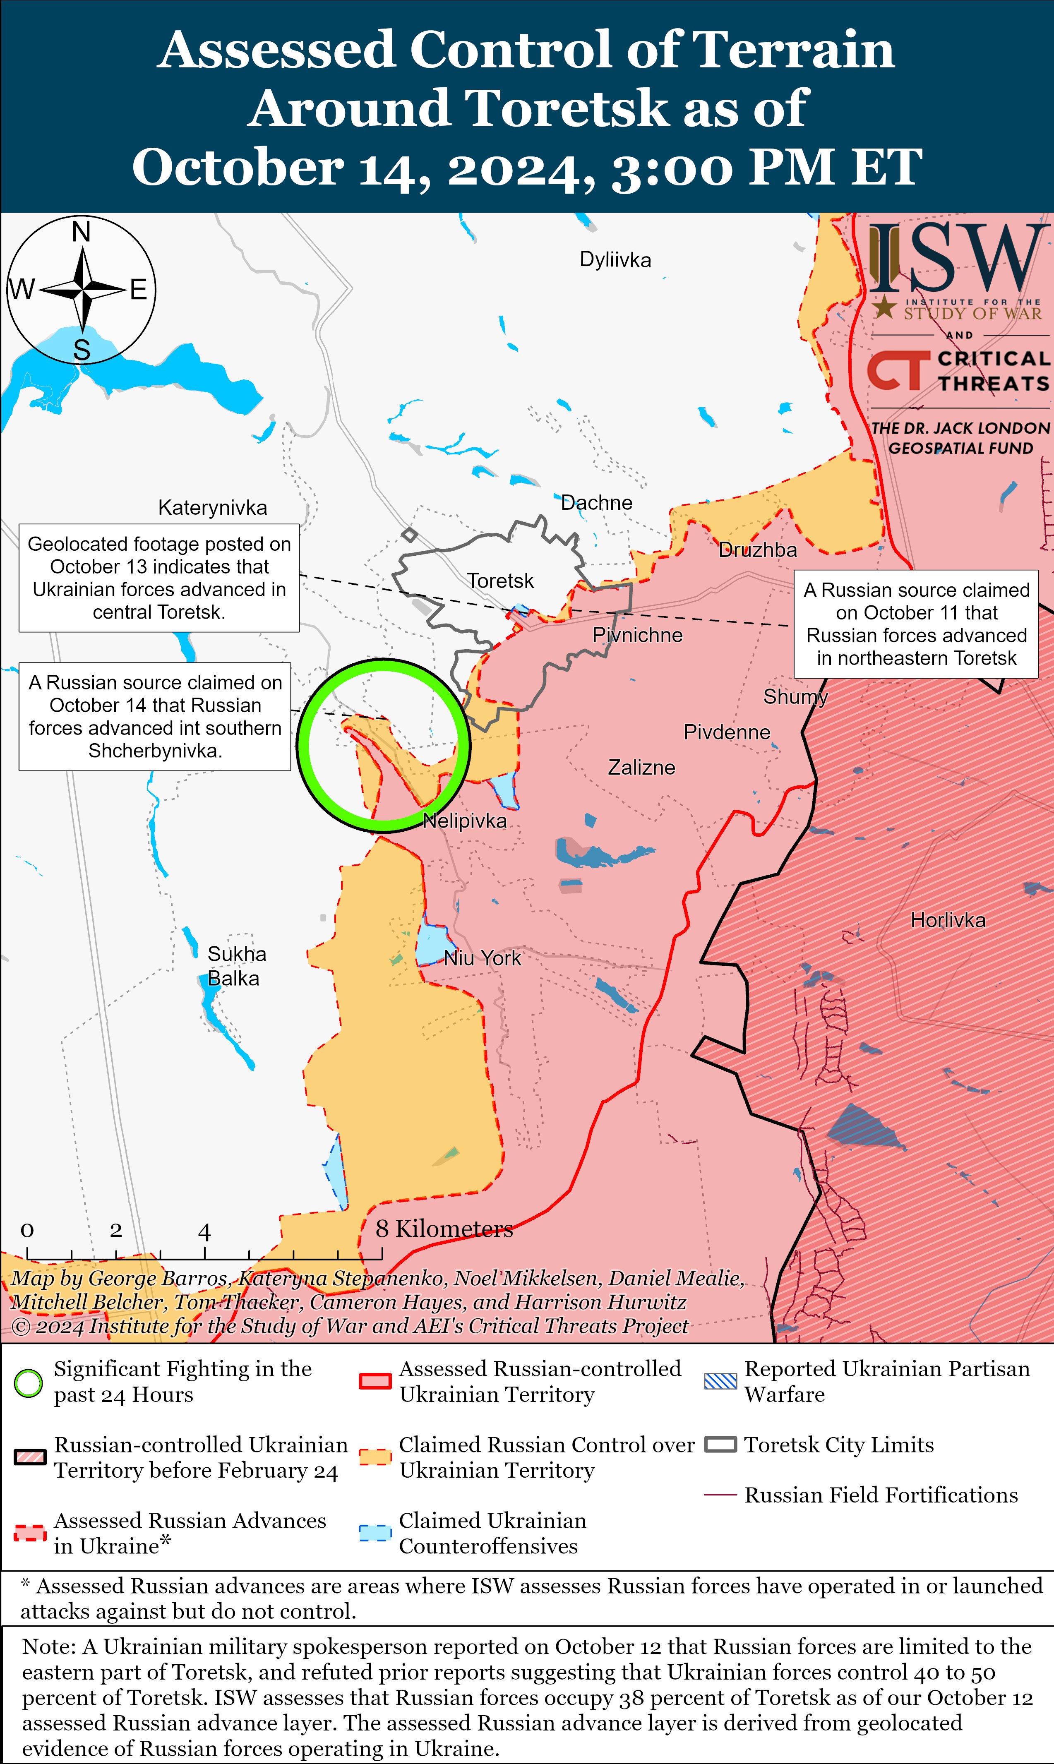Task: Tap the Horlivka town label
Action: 948,920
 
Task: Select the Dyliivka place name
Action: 615,260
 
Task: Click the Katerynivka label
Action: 212,508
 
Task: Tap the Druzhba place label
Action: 757,550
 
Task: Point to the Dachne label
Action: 597,503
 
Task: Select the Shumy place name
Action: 795,697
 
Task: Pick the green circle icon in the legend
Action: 29,1382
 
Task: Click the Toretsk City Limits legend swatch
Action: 720,1445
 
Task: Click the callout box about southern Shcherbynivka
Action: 155,717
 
